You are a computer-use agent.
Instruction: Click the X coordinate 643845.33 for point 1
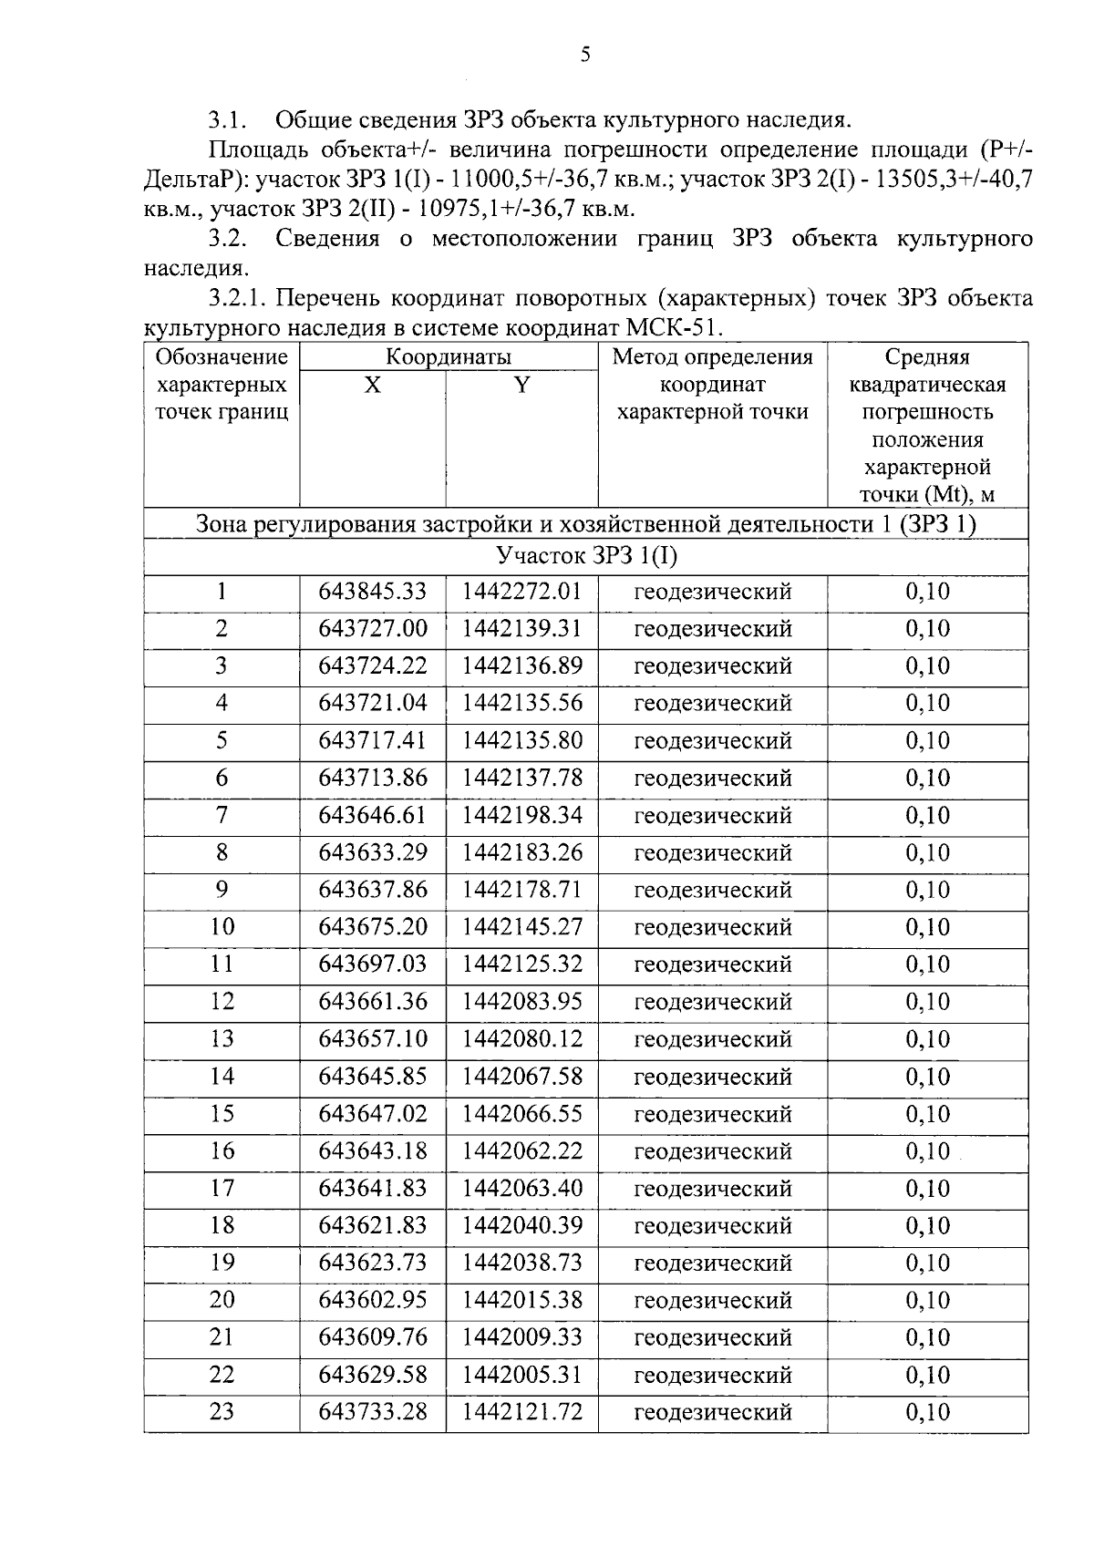pyautogui.click(x=372, y=592)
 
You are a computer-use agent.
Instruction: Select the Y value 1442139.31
pyautogui.click(x=521, y=629)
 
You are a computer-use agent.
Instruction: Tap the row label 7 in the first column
pyautogui.click(x=222, y=815)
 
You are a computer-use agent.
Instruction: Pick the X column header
pyautogui.click(x=372, y=386)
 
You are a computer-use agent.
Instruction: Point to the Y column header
pyautogui.click(x=521, y=386)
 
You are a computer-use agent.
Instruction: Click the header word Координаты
pyautogui.click(x=448, y=356)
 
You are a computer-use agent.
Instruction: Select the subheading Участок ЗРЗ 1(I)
pyautogui.click(x=586, y=556)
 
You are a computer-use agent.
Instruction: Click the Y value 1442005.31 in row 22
pyautogui.click(x=521, y=1375)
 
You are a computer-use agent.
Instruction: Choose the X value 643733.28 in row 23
pyautogui.click(x=372, y=1412)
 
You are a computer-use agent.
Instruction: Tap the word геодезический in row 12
pyautogui.click(x=712, y=1002)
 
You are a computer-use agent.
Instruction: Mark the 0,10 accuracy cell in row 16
pyautogui.click(x=927, y=1151)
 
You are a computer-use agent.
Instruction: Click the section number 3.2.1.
pyautogui.click(x=238, y=298)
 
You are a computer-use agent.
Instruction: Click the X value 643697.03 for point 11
pyautogui.click(x=372, y=964)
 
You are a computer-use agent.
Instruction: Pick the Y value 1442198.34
pyautogui.click(x=521, y=815)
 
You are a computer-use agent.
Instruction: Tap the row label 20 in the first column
pyautogui.click(x=222, y=1300)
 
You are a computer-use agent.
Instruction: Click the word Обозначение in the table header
pyautogui.click(x=222, y=356)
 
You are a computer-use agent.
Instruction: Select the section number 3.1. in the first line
pyautogui.click(x=228, y=119)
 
